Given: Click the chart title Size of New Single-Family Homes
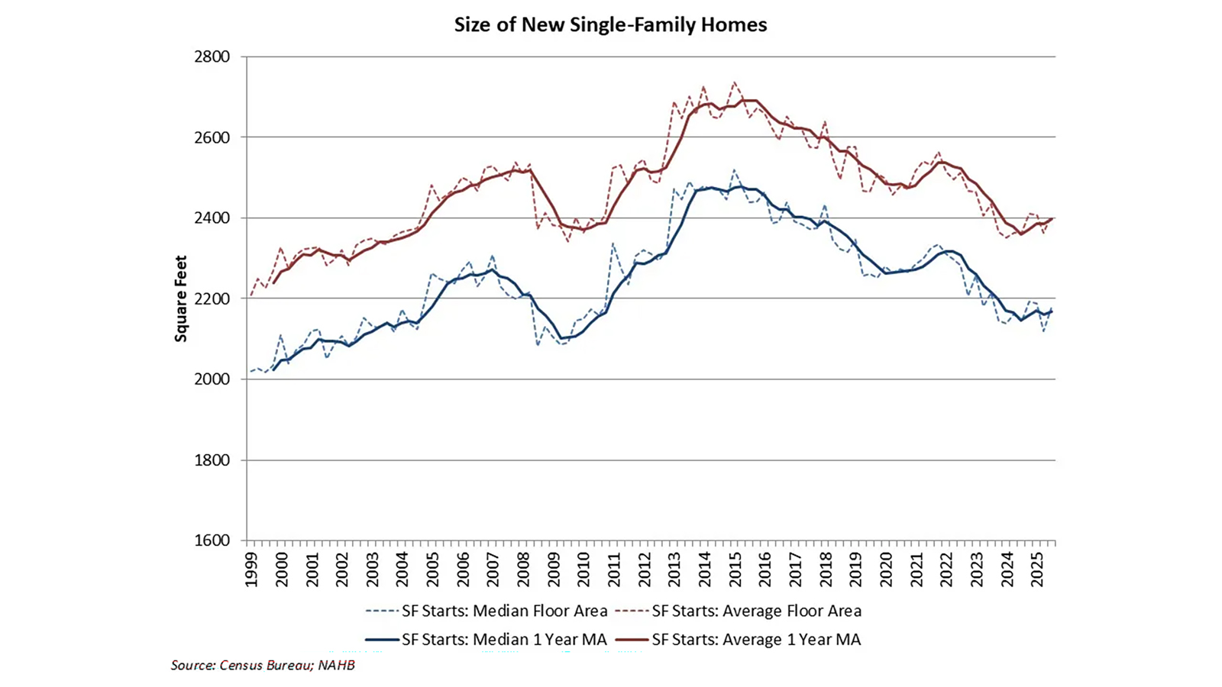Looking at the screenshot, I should pos(610,24).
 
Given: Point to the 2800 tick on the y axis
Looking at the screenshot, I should pos(213,57).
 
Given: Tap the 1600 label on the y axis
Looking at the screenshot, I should pos(213,540).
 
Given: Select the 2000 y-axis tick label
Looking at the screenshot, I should pos(213,379).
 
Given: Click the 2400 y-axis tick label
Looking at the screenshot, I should pos(213,218).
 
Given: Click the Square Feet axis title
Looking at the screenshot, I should pos(181,298).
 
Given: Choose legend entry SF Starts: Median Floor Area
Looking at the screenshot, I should pos(487,611).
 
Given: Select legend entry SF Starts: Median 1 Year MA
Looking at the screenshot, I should pos(487,640).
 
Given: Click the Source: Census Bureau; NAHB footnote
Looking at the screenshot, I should pos(263,665).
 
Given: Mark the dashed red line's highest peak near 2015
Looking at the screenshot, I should pos(734,82).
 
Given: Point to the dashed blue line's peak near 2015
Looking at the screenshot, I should pos(734,170).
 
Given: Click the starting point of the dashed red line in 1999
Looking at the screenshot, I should pos(251,295).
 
